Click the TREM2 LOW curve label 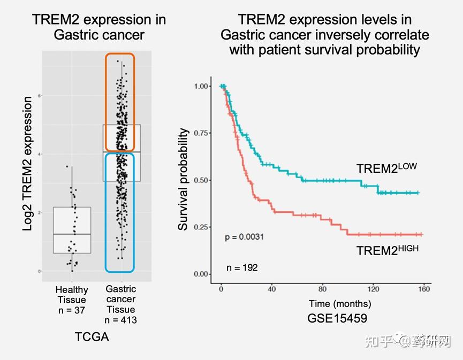[386, 168]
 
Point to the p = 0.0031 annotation [244, 236]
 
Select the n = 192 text [241, 267]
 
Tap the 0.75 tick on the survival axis [203, 133]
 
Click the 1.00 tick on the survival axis [203, 86]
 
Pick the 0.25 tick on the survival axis [203, 227]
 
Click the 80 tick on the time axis [322, 289]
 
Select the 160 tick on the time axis [423, 289]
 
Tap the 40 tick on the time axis [271, 289]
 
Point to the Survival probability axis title [184, 179]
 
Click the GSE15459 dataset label [337, 318]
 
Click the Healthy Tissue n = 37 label [72, 300]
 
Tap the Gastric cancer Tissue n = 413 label [120, 304]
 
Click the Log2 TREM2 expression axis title [28, 164]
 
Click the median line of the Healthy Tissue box [72, 234]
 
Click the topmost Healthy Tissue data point [66, 167]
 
